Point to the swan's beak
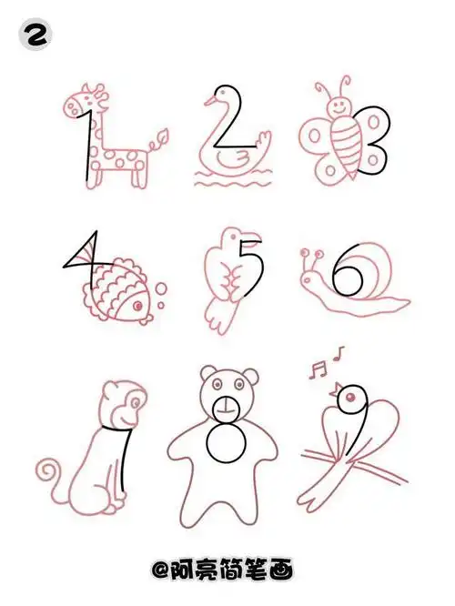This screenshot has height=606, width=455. [x=200, y=102]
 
